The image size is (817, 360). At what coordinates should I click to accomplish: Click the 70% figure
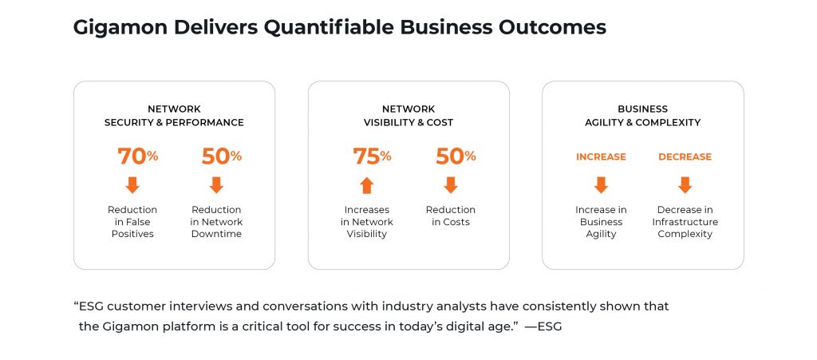[137, 156]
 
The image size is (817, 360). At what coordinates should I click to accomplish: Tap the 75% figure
[372, 156]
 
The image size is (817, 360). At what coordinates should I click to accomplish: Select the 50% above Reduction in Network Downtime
[222, 156]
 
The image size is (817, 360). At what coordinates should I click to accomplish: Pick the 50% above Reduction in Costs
[456, 156]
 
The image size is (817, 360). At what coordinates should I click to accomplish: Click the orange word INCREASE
[601, 156]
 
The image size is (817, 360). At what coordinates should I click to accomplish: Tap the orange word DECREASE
[685, 156]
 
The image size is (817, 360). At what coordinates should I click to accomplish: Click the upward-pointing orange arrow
[367, 185]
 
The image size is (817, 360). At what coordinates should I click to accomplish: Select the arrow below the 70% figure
[132, 185]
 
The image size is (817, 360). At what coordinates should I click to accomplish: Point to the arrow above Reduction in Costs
[451, 185]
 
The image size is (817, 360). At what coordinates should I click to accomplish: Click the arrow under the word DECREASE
[685, 185]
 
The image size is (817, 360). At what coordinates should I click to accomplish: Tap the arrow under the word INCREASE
[601, 185]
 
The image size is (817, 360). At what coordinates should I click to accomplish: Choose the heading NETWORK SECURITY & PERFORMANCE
[174, 116]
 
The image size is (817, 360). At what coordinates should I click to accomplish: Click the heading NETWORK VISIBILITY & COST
[408, 116]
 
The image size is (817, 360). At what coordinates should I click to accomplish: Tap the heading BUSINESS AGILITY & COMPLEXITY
[642, 116]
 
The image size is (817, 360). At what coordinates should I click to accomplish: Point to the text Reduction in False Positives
[132, 222]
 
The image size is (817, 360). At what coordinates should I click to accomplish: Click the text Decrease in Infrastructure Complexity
[685, 222]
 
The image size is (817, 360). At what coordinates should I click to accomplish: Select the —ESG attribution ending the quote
[543, 328]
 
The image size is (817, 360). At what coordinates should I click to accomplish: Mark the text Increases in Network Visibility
[367, 222]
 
